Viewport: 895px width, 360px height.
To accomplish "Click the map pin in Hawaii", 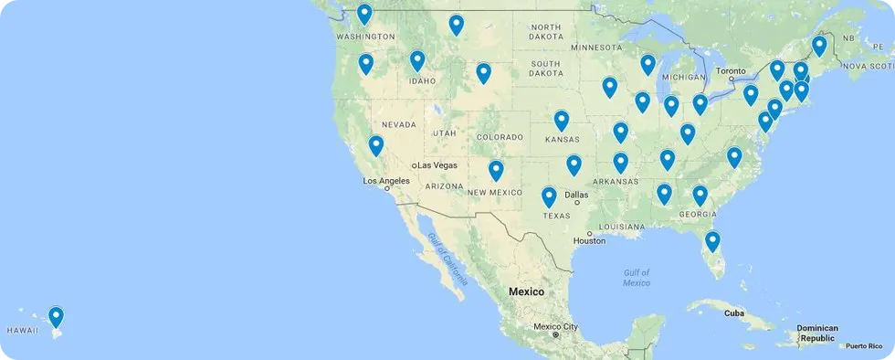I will [57, 317].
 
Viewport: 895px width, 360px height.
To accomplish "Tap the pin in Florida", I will [712, 242].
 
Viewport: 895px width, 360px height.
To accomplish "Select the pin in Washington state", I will [364, 15].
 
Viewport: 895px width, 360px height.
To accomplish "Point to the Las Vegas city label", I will [437, 164].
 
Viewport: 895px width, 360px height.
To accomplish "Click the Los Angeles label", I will [387, 181].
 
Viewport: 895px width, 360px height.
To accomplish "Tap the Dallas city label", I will [576, 194].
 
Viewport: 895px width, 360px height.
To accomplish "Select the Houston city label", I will [589, 241].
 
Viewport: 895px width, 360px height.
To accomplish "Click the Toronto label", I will [732, 70].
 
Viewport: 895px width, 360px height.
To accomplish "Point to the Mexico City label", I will [555, 326].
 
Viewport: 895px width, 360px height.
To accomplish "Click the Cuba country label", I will [734, 312].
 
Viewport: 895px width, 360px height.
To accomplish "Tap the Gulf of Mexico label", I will [637, 278].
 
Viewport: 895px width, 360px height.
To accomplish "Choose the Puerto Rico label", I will [863, 345].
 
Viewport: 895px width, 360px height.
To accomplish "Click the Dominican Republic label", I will [817, 333].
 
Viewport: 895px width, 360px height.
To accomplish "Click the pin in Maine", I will [819, 46].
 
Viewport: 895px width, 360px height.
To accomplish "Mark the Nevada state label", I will [399, 123].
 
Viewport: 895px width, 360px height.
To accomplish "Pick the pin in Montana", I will [456, 26].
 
